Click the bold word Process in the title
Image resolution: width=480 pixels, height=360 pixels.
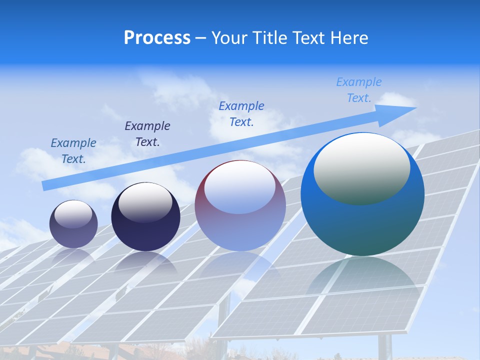pos(157,38)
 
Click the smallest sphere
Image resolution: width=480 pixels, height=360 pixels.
pos(73,224)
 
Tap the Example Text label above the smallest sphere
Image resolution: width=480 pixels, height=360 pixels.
pos(73,150)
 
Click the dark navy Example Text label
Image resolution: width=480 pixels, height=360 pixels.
pos(147,133)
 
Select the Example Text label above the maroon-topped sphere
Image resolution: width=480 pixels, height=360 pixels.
pos(241,113)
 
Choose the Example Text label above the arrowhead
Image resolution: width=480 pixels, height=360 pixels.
pos(359,90)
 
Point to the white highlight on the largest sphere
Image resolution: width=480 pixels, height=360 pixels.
pos(361,167)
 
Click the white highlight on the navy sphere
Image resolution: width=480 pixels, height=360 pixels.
pos(145,199)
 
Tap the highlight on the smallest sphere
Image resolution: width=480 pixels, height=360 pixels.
pos(73,214)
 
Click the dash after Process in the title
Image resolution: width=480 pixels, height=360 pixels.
pos(201,38)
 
